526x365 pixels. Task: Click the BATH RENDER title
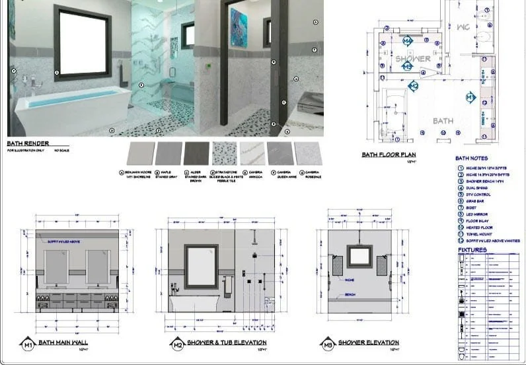(x=28, y=143)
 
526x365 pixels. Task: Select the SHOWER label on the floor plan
(x=413, y=58)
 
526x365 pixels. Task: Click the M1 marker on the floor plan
(x=470, y=98)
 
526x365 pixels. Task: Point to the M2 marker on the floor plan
(x=413, y=85)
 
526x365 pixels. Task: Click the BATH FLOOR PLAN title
(x=388, y=155)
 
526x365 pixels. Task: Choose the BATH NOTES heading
(x=471, y=159)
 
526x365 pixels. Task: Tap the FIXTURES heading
(x=472, y=250)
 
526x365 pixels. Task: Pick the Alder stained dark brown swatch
(x=196, y=154)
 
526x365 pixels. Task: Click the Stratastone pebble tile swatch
(x=224, y=154)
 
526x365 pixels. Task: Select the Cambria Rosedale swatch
(x=307, y=154)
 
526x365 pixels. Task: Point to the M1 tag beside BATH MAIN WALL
(x=28, y=344)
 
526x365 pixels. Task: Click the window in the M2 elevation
(x=202, y=266)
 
